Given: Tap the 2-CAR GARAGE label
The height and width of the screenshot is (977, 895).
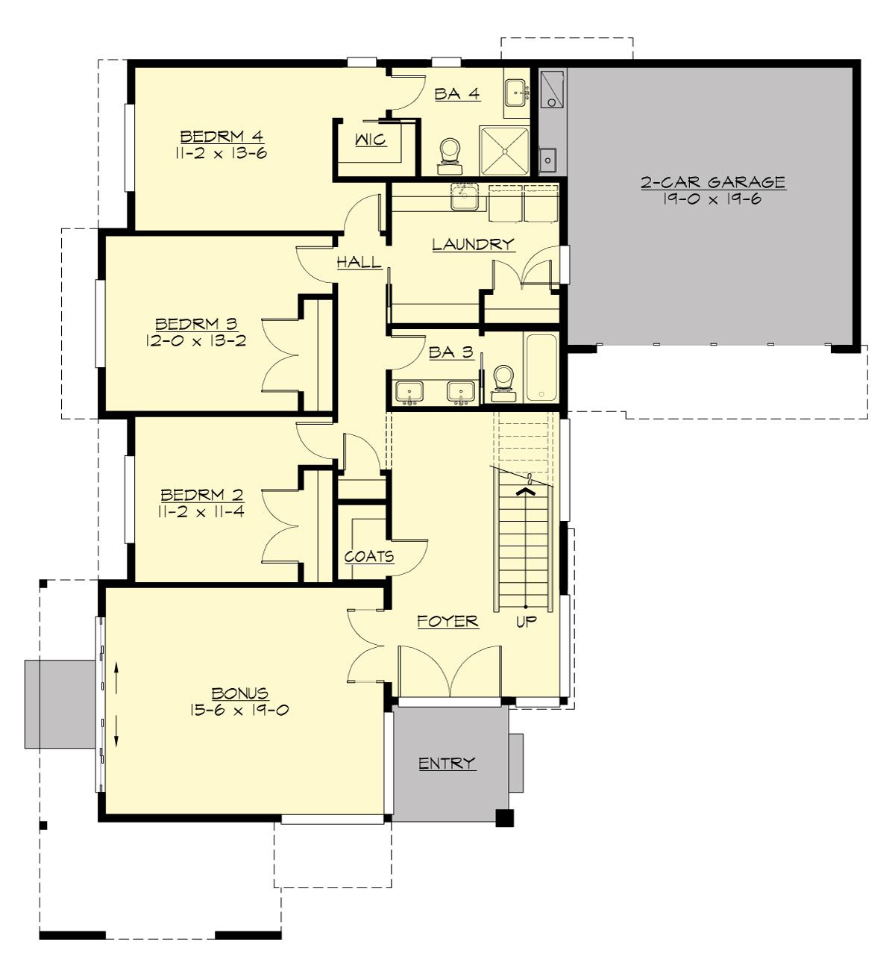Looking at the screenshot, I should tap(713, 182).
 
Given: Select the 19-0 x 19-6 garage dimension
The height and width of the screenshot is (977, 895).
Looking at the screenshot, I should tap(713, 199).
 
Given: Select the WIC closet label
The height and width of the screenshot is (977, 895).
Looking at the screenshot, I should tap(371, 140).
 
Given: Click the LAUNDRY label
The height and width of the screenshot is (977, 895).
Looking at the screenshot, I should tap(473, 244).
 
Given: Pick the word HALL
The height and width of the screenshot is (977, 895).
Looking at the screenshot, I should tap(359, 262).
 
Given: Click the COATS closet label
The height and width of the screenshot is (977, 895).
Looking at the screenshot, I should tap(369, 557).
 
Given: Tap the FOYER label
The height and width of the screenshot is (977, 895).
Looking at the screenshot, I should tap(447, 621).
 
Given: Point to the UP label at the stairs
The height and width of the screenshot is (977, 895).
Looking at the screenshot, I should tap(527, 621).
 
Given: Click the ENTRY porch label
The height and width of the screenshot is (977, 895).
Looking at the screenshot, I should tap(447, 764).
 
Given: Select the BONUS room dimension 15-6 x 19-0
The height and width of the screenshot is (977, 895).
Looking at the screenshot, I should tap(239, 711).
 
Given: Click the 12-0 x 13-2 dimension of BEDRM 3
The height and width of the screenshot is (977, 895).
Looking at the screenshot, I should tap(196, 341).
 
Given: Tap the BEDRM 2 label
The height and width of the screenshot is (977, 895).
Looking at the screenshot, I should tap(202, 495).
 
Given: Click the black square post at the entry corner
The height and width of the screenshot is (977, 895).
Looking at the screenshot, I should tap(505, 817).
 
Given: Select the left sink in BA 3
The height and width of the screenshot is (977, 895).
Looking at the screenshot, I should tap(409, 391).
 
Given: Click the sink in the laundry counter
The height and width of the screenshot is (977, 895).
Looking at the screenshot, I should tap(464, 198).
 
